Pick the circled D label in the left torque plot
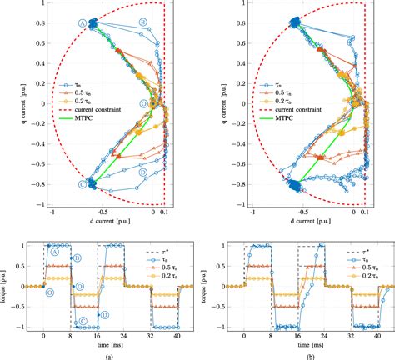106,314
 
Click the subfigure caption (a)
99,354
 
